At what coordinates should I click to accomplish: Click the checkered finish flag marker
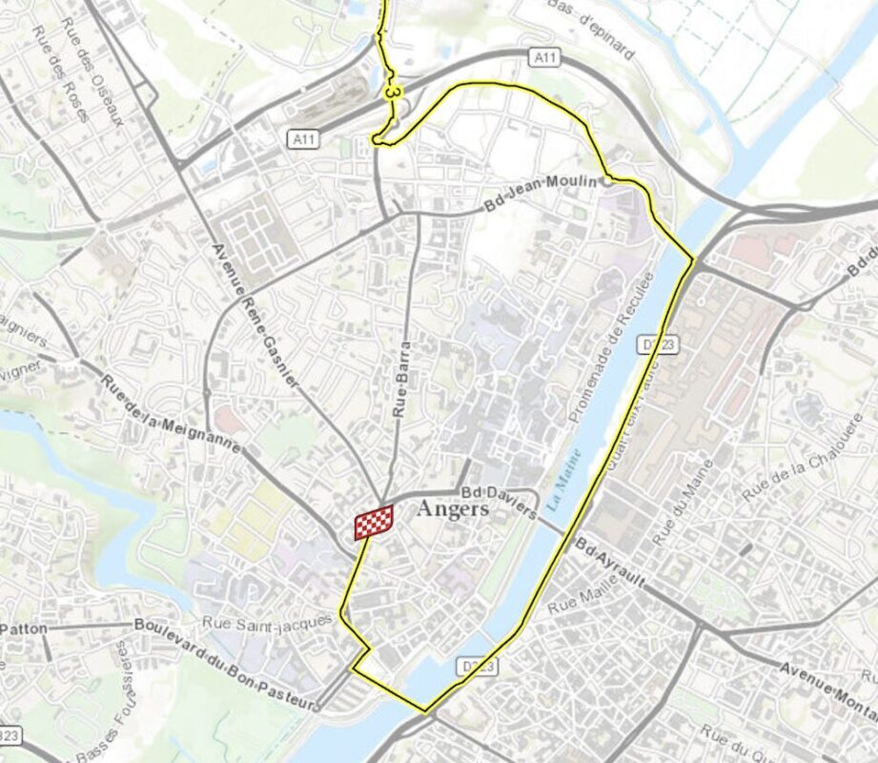click(x=374, y=523)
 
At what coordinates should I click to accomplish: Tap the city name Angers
click(x=453, y=510)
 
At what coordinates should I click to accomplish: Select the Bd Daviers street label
click(x=499, y=502)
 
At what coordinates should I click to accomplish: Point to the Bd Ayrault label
click(x=611, y=561)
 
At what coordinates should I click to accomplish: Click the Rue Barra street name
click(x=401, y=381)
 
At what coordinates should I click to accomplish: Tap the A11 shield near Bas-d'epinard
click(x=544, y=59)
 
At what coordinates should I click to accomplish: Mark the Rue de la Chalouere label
click(x=804, y=459)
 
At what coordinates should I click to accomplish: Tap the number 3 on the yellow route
click(x=392, y=91)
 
